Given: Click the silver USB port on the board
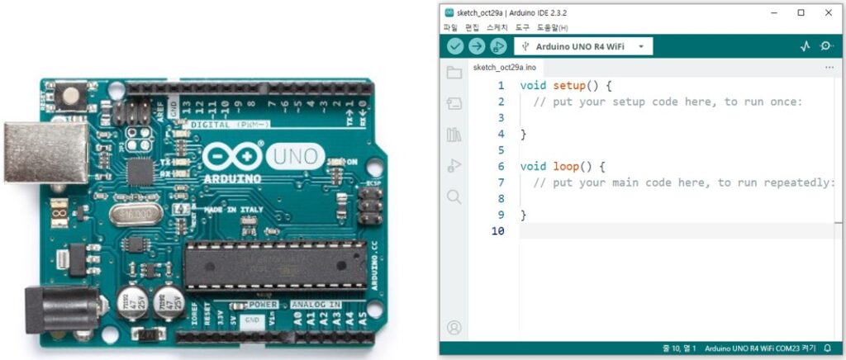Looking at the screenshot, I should (x=45, y=152).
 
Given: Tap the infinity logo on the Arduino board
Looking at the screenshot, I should (x=232, y=157).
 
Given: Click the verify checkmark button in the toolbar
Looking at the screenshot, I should (x=455, y=46).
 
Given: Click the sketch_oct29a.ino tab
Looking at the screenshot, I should (x=504, y=67).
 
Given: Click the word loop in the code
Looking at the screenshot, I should (x=567, y=166).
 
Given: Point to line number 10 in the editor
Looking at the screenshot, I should (x=498, y=230).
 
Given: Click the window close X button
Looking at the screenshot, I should (x=828, y=13).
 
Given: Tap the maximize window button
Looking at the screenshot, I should (x=801, y=13).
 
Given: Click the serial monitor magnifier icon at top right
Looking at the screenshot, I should (x=826, y=46).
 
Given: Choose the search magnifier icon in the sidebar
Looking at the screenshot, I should (x=454, y=197).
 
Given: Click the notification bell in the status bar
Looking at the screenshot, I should (x=828, y=348).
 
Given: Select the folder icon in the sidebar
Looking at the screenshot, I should (x=454, y=73).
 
